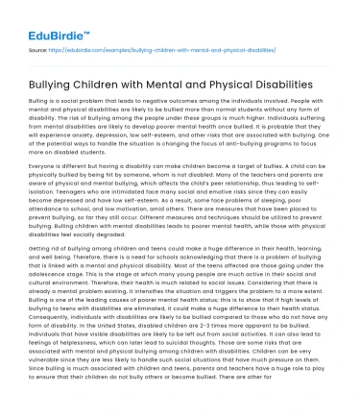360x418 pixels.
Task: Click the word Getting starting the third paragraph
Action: [x=41, y=248]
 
